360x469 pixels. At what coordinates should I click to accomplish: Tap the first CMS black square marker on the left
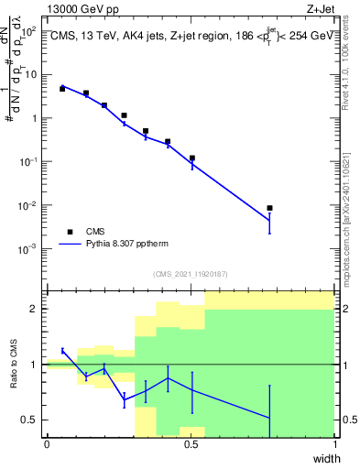point(62,89)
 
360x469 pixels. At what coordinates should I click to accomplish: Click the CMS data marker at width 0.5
point(191,158)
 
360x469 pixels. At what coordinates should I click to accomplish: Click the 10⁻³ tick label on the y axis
point(28,249)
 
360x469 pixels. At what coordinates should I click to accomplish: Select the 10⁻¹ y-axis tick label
point(28,162)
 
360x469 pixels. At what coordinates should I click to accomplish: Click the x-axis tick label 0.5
point(191,444)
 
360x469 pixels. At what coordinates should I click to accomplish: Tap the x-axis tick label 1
point(334,444)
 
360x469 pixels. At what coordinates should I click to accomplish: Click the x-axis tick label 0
point(47,444)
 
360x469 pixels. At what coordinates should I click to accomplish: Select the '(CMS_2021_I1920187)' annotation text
point(190,274)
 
